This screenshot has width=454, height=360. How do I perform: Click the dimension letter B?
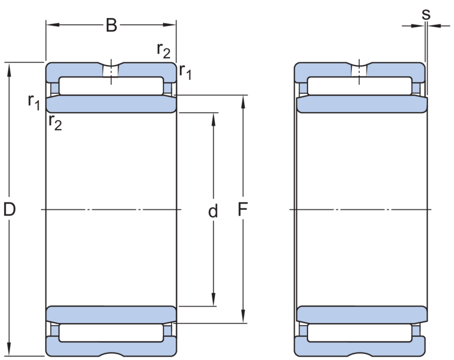click(x=111, y=25)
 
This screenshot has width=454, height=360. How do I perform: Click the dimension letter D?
click(x=9, y=209)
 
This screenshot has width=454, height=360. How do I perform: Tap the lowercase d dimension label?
click(x=213, y=211)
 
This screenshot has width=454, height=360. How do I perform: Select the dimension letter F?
click(x=243, y=209)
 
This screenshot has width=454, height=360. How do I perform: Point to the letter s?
click(x=426, y=14)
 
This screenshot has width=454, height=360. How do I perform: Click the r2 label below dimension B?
click(x=163, y=50)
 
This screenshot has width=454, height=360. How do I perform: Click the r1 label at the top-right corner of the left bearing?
click(x=186, y=71)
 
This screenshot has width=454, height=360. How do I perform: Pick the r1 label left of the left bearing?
click(x=34, y=103)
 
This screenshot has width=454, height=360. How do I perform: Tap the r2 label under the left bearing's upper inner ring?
click(x=55, y=122)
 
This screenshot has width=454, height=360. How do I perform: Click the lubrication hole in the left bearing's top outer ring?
click(x=111, y=71)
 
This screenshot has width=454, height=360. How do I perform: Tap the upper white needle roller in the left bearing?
click(x=111, y=86)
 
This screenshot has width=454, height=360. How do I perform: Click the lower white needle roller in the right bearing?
click(x=360, y=333)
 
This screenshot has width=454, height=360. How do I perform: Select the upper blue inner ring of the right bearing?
click(x=362, y=104)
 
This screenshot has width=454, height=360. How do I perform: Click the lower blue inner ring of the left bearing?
click(x=111, y=315)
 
